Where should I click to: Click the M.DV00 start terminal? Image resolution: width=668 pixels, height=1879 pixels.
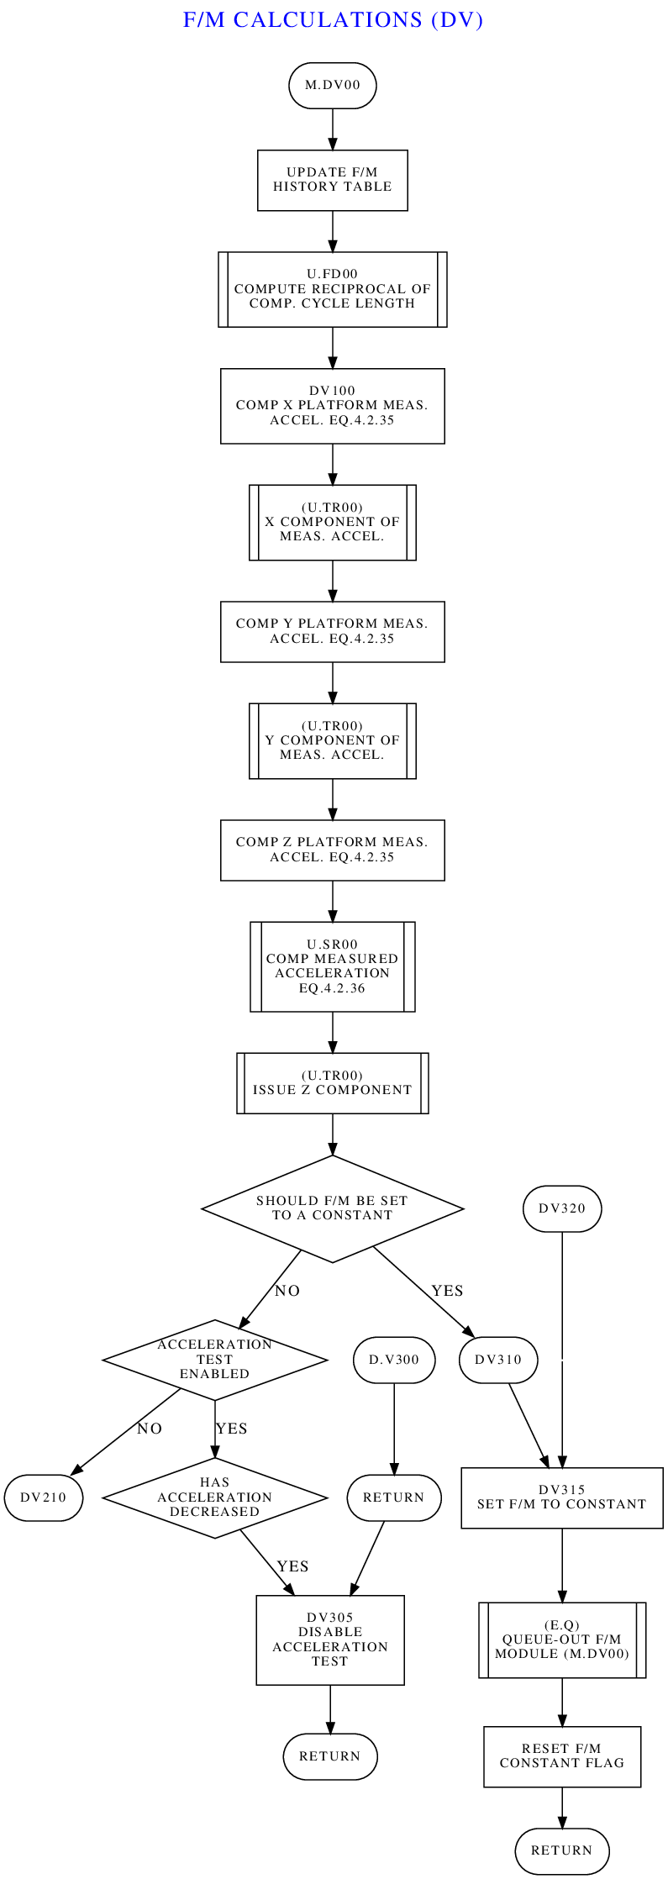332,85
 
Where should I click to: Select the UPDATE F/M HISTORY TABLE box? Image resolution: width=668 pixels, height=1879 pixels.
332,180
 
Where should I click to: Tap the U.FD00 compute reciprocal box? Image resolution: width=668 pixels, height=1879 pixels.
332,289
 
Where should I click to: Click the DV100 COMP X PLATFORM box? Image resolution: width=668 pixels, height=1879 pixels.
332,406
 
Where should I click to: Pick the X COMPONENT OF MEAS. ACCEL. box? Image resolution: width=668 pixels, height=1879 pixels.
332,522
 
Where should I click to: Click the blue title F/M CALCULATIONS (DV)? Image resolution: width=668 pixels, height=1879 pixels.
334,19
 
